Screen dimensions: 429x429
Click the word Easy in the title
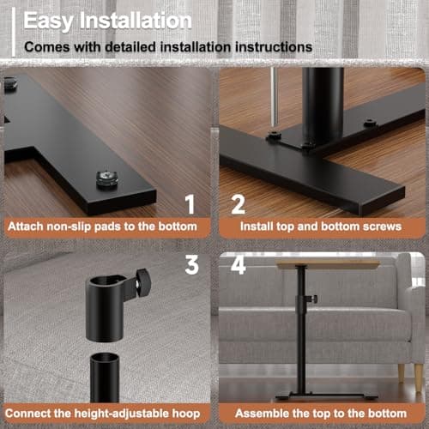[49, 18]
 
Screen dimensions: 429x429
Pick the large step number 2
[237, 204]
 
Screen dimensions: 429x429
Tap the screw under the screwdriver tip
[275, 136]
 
